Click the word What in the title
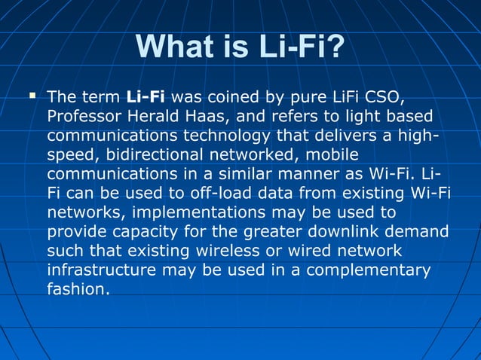[x=176, y=47]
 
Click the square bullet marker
[x=32, y=96]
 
